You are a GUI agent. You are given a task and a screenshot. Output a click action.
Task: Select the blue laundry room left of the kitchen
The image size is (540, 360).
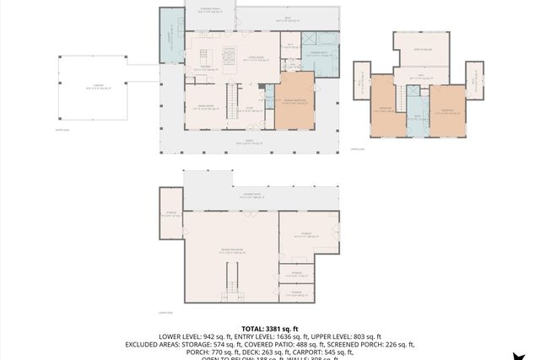point(171,39)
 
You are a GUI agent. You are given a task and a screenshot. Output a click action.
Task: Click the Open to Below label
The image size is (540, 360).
point(423,50)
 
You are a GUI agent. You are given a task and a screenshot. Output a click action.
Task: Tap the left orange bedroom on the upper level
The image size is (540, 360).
point(384,110)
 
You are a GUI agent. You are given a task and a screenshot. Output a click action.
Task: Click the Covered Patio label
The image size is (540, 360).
point(251,195)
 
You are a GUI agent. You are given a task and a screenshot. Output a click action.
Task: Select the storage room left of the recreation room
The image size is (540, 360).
point(171,215)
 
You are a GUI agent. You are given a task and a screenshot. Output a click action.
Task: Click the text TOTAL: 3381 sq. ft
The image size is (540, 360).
point(269,328)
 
